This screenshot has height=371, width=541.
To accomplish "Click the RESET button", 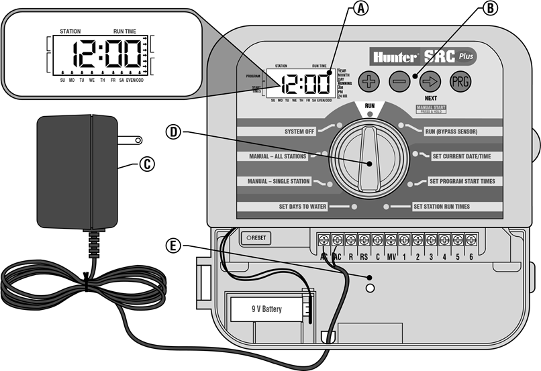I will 256,237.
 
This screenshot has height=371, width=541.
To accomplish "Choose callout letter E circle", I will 175,246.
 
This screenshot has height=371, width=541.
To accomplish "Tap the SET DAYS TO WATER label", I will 303,207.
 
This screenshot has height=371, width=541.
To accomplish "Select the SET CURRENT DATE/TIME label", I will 461,156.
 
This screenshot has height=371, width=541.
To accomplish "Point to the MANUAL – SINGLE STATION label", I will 279,181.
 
